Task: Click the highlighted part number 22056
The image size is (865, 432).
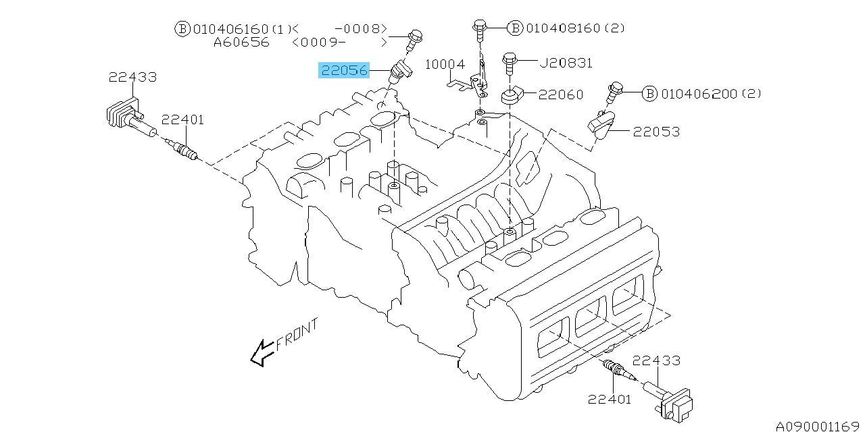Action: coord(344,70)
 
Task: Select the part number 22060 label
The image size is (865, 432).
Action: coord(561,94)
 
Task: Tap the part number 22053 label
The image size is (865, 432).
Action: coord(656,132)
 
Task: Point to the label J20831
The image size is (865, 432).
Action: coord(566,63)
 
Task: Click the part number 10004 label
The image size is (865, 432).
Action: coord(445,64)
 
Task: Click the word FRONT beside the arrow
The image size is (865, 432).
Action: coord(297,334)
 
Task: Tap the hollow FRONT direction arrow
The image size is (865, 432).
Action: coord(263,353)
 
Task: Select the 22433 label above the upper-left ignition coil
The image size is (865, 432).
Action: coord(133,77)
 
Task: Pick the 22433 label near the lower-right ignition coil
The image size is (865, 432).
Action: coord(656,360)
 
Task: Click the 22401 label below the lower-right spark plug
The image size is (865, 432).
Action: coord(610,399)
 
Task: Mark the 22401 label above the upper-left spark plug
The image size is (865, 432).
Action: coord(182,119)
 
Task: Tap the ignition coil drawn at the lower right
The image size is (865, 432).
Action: coord(669,400)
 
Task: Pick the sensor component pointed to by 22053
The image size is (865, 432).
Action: coord(601,124)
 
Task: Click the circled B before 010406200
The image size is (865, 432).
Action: coord(650,94)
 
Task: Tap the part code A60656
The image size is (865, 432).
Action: coord(241,42)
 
